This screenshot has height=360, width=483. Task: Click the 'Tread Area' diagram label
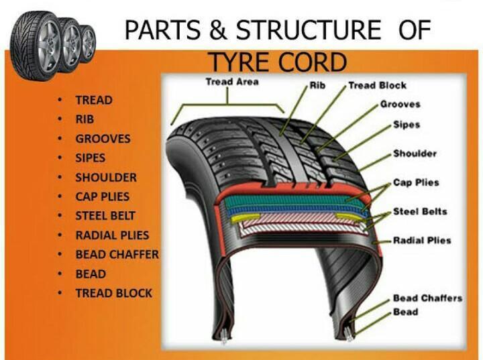(231, 82)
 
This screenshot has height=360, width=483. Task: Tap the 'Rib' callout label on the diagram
(317, 86)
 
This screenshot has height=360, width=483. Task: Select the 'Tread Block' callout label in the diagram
(377, 86)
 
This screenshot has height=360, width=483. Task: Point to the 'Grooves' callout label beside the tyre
(400, 104)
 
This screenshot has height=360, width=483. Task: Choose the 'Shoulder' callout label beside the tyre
(414, 154)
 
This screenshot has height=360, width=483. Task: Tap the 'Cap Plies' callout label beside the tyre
(416, 182)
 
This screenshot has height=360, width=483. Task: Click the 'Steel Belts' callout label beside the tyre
(419, 212)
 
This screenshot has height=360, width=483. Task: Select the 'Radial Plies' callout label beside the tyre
(422, 240)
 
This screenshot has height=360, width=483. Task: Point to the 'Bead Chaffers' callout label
(427, 298)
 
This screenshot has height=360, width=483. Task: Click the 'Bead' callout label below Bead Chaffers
(405, 312)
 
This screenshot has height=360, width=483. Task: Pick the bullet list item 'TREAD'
(94, 101)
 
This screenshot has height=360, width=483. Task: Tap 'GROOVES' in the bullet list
(103, 139)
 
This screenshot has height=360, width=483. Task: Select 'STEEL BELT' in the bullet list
(105, 216)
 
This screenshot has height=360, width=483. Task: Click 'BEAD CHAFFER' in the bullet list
(117, 255)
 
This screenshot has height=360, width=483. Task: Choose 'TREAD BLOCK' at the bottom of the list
(113, 293)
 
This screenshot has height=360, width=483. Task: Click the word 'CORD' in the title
(313, 63)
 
